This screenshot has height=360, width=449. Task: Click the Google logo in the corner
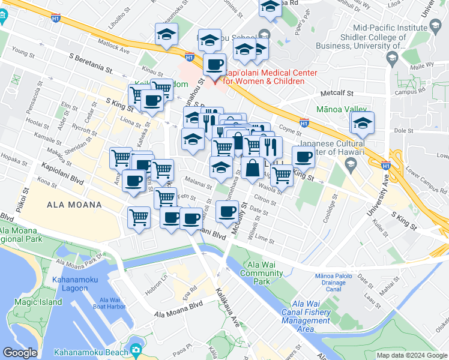tap(20, 353)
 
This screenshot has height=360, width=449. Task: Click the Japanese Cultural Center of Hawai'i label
tap(332, 148)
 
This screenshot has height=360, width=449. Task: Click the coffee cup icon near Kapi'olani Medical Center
tap(215, 64)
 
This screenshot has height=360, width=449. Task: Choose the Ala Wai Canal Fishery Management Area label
tap(306, 320)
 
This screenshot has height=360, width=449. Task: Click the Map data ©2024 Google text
tap(412, 355)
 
